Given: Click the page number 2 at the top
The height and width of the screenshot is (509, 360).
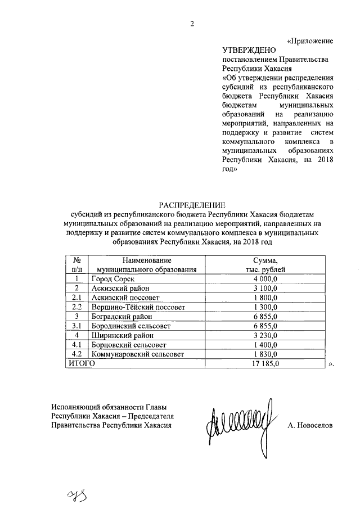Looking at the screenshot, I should point(192,23).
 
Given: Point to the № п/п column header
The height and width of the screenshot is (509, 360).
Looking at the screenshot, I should point(76,265).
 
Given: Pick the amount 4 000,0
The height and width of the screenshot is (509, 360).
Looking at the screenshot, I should point(265,279).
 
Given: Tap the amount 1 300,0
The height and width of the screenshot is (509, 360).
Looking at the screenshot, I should point(265,307).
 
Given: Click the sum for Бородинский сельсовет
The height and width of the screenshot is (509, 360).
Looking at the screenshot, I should point(265,326).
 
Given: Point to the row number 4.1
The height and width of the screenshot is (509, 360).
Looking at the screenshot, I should point(76,345).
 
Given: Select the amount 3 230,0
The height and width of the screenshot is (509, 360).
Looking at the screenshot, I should point(265,335).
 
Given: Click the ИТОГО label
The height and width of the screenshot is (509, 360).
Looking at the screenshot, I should point(82,364).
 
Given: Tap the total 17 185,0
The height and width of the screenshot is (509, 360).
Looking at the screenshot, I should point(265,364).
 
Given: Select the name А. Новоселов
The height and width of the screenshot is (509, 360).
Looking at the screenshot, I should point(309,426).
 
